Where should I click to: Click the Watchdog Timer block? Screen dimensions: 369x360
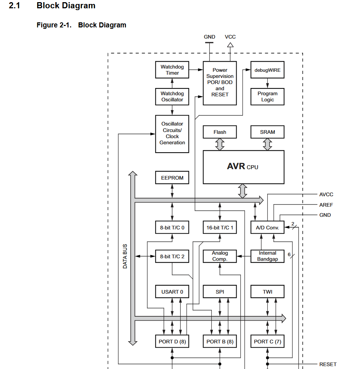point(172,70)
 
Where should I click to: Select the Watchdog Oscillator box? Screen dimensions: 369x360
point(172,97)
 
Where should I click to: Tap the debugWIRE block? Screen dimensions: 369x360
point(267,70)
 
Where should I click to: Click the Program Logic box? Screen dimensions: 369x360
point(267,97)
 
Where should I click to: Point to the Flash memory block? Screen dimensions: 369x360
point(220,132)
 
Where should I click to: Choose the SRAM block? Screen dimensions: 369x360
point(267,132)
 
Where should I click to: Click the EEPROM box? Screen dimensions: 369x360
point(172,178)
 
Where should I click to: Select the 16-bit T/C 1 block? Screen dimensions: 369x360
point(220,228)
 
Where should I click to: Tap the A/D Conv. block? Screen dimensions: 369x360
point(267,228)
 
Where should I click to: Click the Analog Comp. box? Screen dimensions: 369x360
point(220,256)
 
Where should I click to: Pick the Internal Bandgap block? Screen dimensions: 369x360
point(267,256)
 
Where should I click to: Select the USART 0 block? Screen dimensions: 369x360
point(172,292)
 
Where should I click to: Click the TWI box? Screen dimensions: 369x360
point(267,292)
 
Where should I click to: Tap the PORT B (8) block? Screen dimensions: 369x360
point(220,341)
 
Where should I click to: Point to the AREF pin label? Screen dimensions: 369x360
point(326,205)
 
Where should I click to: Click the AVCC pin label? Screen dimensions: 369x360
point(326,194)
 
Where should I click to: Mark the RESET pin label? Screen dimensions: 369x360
point(328,364)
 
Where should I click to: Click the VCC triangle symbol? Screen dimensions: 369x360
point(230,45)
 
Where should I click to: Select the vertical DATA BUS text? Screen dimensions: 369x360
point(125,256)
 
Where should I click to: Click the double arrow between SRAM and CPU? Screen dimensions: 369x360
point(267,144)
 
